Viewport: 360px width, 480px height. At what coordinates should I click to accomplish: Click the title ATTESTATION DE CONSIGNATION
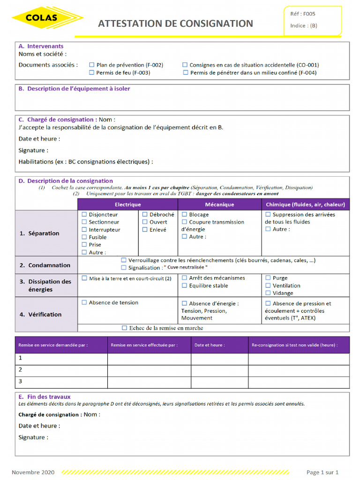(175, 23)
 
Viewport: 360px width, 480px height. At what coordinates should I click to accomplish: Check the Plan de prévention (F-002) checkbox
(92, 65)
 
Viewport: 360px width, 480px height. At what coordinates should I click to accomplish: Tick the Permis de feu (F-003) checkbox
(92, 73)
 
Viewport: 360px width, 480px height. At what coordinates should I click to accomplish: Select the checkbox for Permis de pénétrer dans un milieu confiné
(186, 73)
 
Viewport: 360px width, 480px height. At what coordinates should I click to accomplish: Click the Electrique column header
(127, 204)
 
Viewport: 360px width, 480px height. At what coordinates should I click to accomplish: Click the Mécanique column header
(219, 204)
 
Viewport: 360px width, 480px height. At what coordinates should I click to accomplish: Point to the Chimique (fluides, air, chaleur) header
(305, 204)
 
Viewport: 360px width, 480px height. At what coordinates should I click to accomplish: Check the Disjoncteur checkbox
(84, 215)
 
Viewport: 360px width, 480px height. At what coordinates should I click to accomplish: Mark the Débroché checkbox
(145, 215)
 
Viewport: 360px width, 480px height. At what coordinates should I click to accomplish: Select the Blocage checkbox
(184, 215)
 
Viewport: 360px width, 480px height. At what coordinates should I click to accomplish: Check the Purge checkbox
(268, 278)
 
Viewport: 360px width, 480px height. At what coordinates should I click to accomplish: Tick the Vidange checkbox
(268, 293)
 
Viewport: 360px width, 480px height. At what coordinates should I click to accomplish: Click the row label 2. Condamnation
(45, 265)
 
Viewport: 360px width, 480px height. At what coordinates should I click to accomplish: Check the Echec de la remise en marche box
(124, 328)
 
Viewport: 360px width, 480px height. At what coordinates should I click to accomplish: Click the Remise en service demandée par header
(52, 345)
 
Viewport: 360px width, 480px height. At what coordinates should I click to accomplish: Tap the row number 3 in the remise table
(20, 382)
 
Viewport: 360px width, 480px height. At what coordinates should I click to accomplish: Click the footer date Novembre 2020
(33, 472)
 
